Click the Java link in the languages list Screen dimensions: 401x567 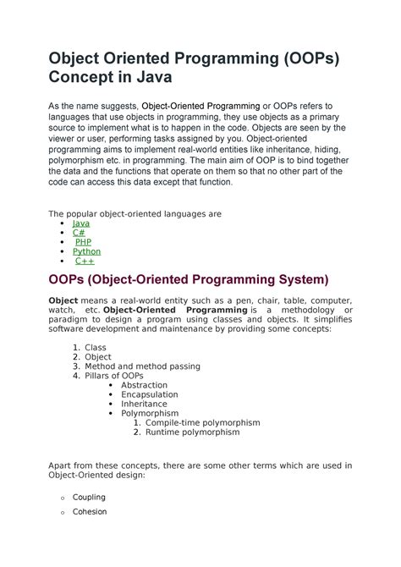[80, 223]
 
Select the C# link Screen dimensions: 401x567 [80, 233]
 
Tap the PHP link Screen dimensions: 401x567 [83, 242]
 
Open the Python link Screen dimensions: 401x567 [86, 251]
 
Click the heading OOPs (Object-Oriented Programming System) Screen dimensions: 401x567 [188, 279]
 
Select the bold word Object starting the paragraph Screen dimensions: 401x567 [63, 300]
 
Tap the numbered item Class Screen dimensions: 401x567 [96, 348]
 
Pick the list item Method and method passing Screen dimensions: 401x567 [142, 366]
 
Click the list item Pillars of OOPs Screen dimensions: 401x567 [119, 376]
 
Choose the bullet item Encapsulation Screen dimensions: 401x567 [149, 394]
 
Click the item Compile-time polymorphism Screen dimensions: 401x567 [202, 422]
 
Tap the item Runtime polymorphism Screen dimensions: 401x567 [192, 432]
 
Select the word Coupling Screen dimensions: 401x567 [89, 497]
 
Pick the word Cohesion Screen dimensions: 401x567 [90, 511]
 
